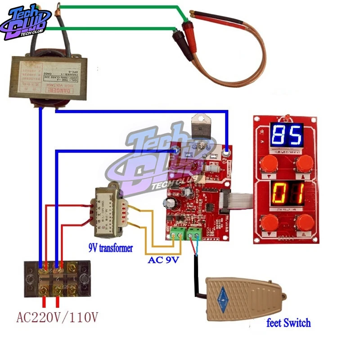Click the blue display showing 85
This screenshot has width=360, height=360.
click(287, 135)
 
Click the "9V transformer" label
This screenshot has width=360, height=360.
click(111, 247)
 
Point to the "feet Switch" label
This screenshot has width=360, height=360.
click(288, 323)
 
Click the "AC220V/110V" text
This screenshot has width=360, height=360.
click(57, 318)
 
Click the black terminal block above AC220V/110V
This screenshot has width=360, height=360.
click(57, 279)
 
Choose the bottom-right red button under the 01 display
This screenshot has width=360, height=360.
click(304, 222)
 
